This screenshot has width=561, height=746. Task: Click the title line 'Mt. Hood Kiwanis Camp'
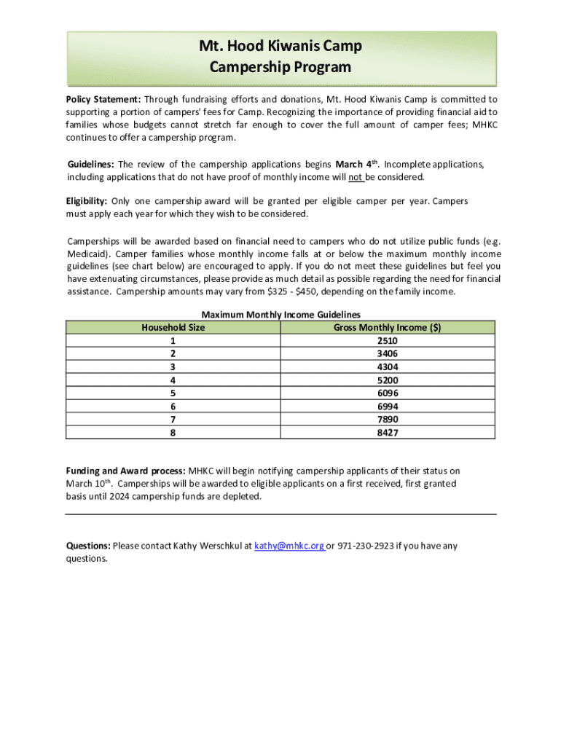(280, 47)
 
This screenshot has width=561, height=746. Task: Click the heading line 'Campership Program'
(280, 68)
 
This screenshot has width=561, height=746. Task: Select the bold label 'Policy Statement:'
(103, 99)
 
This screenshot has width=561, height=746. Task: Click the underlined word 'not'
(356, 177)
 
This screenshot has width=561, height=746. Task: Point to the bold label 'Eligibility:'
(87, 201)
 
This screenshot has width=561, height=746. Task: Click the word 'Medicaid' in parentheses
(87, 254)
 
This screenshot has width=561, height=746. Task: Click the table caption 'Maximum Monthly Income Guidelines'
(280, 315)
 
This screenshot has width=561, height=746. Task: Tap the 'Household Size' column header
(173, 328)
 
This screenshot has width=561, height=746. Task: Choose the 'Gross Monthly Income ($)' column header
(387, 328)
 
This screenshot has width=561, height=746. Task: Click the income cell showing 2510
(388, 341)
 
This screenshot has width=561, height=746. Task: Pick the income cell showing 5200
(388, 380)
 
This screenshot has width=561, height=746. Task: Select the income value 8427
(388, 433)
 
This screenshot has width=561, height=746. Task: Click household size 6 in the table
(173, 407)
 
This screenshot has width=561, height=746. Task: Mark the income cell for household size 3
(388, 367)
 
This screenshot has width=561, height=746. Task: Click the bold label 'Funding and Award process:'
(126, 471)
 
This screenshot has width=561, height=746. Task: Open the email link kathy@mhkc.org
(289, 546)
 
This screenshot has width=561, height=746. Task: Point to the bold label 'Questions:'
(88, 546)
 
